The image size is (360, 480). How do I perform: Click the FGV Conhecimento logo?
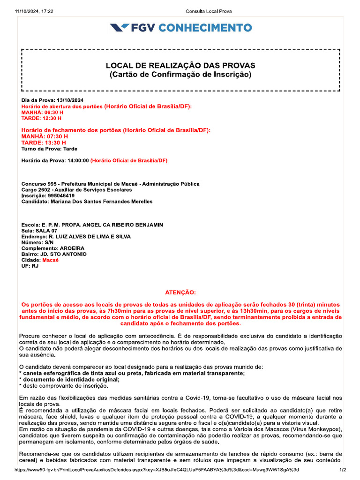click(180, 28)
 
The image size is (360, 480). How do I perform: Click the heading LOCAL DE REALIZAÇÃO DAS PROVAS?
click(180, 65)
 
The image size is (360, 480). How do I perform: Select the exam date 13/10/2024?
click(70, 100)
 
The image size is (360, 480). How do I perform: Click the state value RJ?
click(35, 265)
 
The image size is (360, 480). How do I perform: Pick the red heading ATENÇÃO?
click(180, 292)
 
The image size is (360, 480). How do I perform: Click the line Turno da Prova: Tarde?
click(49, 149)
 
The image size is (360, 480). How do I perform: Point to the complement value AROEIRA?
click(72, 248)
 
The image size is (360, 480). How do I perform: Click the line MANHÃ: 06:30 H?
click(42, 112)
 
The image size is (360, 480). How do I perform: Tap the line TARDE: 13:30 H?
click(44, 142)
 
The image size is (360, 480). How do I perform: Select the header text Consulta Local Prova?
click(209, 11)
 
